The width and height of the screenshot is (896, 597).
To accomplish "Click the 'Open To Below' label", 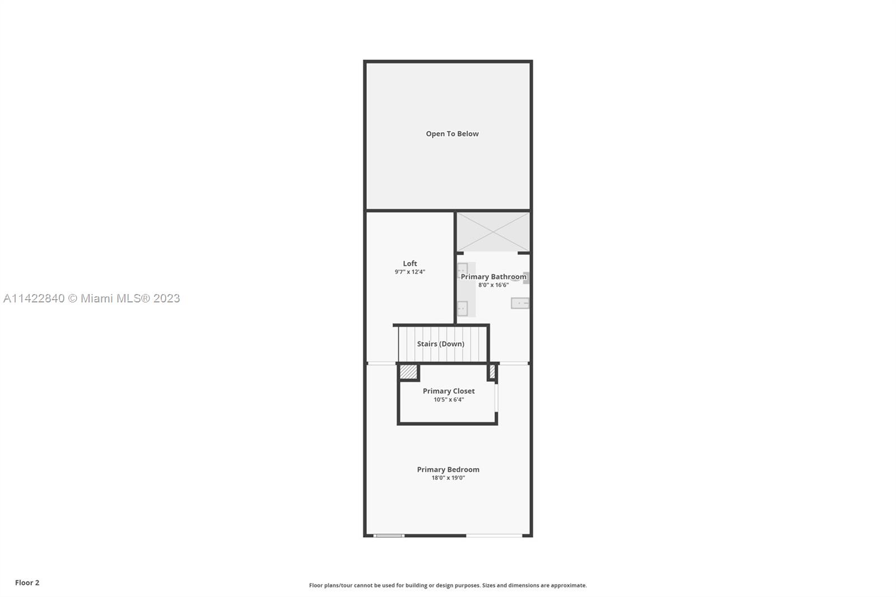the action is (x=452, y=134).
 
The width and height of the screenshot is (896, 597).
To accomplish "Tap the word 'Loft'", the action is (x=409, y=263).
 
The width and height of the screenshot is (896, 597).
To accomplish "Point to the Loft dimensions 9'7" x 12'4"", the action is (x=409, y=272).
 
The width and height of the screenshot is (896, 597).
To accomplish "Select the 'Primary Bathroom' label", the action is (x=493, y=277).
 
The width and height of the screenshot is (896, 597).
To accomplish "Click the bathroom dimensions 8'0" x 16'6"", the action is (x=493, y=285).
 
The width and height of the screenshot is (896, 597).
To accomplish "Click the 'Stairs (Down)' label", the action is (x=440, y=344).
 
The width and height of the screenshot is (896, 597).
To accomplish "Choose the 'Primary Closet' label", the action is (x=449, y=391).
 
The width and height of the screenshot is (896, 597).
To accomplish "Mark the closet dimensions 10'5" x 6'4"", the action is (x=449, y=399).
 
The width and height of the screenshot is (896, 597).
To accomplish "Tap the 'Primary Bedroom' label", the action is (x=448, y=469).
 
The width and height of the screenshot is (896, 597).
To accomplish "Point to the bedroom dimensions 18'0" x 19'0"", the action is (x=448, y=478).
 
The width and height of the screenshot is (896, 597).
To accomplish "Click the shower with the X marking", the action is (x=493, y=232).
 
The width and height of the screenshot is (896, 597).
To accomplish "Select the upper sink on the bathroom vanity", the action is (x=463, y=270).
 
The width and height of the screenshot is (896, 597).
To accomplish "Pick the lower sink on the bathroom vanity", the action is (x=463, y=308).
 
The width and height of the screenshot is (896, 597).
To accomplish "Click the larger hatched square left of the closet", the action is (x=408, y=372).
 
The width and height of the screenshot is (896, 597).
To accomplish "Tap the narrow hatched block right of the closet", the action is (x=492, y=372).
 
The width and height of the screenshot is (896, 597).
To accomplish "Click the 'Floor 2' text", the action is (x=27, y=582).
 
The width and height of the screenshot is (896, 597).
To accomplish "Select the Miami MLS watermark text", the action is (x=92, y=298).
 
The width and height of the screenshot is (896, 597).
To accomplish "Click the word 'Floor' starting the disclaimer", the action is (x=316, y=585).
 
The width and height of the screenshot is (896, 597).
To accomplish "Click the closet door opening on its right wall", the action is (x=496, y=398).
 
